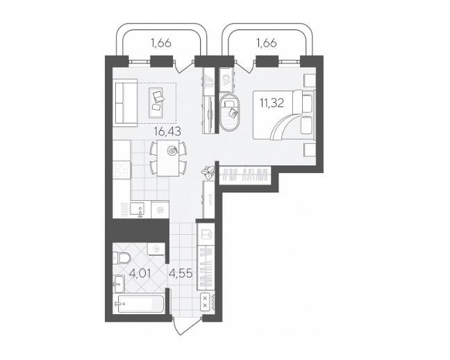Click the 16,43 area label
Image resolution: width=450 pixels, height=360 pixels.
(167, 131)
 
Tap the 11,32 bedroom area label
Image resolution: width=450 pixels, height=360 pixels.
(272, 103)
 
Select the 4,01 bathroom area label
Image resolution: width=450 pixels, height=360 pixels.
(140, 273)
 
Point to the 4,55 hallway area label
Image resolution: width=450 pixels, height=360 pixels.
(181, 273)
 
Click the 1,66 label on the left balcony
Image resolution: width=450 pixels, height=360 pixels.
(161, 43)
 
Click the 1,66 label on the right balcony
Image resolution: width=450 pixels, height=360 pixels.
(267, 43)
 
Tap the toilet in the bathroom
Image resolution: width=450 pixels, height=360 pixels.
(122, 258)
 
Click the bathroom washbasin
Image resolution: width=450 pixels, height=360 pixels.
(119, 284)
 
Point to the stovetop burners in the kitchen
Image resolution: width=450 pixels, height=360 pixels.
(122, 170)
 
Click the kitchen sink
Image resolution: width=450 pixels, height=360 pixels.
(137, 208)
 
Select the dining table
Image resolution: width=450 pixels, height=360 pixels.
(168, 158)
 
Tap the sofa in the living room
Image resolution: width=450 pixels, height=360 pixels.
(125, 104)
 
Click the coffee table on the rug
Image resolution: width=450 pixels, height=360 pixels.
(156, 103)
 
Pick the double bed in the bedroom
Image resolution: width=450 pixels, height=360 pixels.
(284, 115)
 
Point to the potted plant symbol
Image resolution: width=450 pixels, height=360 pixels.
(208, 172)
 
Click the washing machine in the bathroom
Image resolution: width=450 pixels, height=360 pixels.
(156, 249)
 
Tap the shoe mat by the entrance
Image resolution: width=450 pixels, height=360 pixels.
(205, 302)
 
